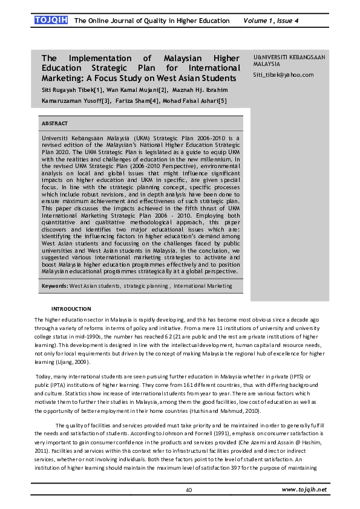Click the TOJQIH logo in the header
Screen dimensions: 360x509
51,21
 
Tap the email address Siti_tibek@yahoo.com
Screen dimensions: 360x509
283,75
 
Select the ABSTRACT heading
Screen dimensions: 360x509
55,123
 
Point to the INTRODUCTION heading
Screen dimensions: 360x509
71,309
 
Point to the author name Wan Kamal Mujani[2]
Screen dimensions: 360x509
129,89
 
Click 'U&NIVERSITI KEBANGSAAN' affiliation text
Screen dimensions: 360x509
289,57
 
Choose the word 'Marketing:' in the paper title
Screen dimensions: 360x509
63,78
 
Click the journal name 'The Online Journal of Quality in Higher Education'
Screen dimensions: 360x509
151,21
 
